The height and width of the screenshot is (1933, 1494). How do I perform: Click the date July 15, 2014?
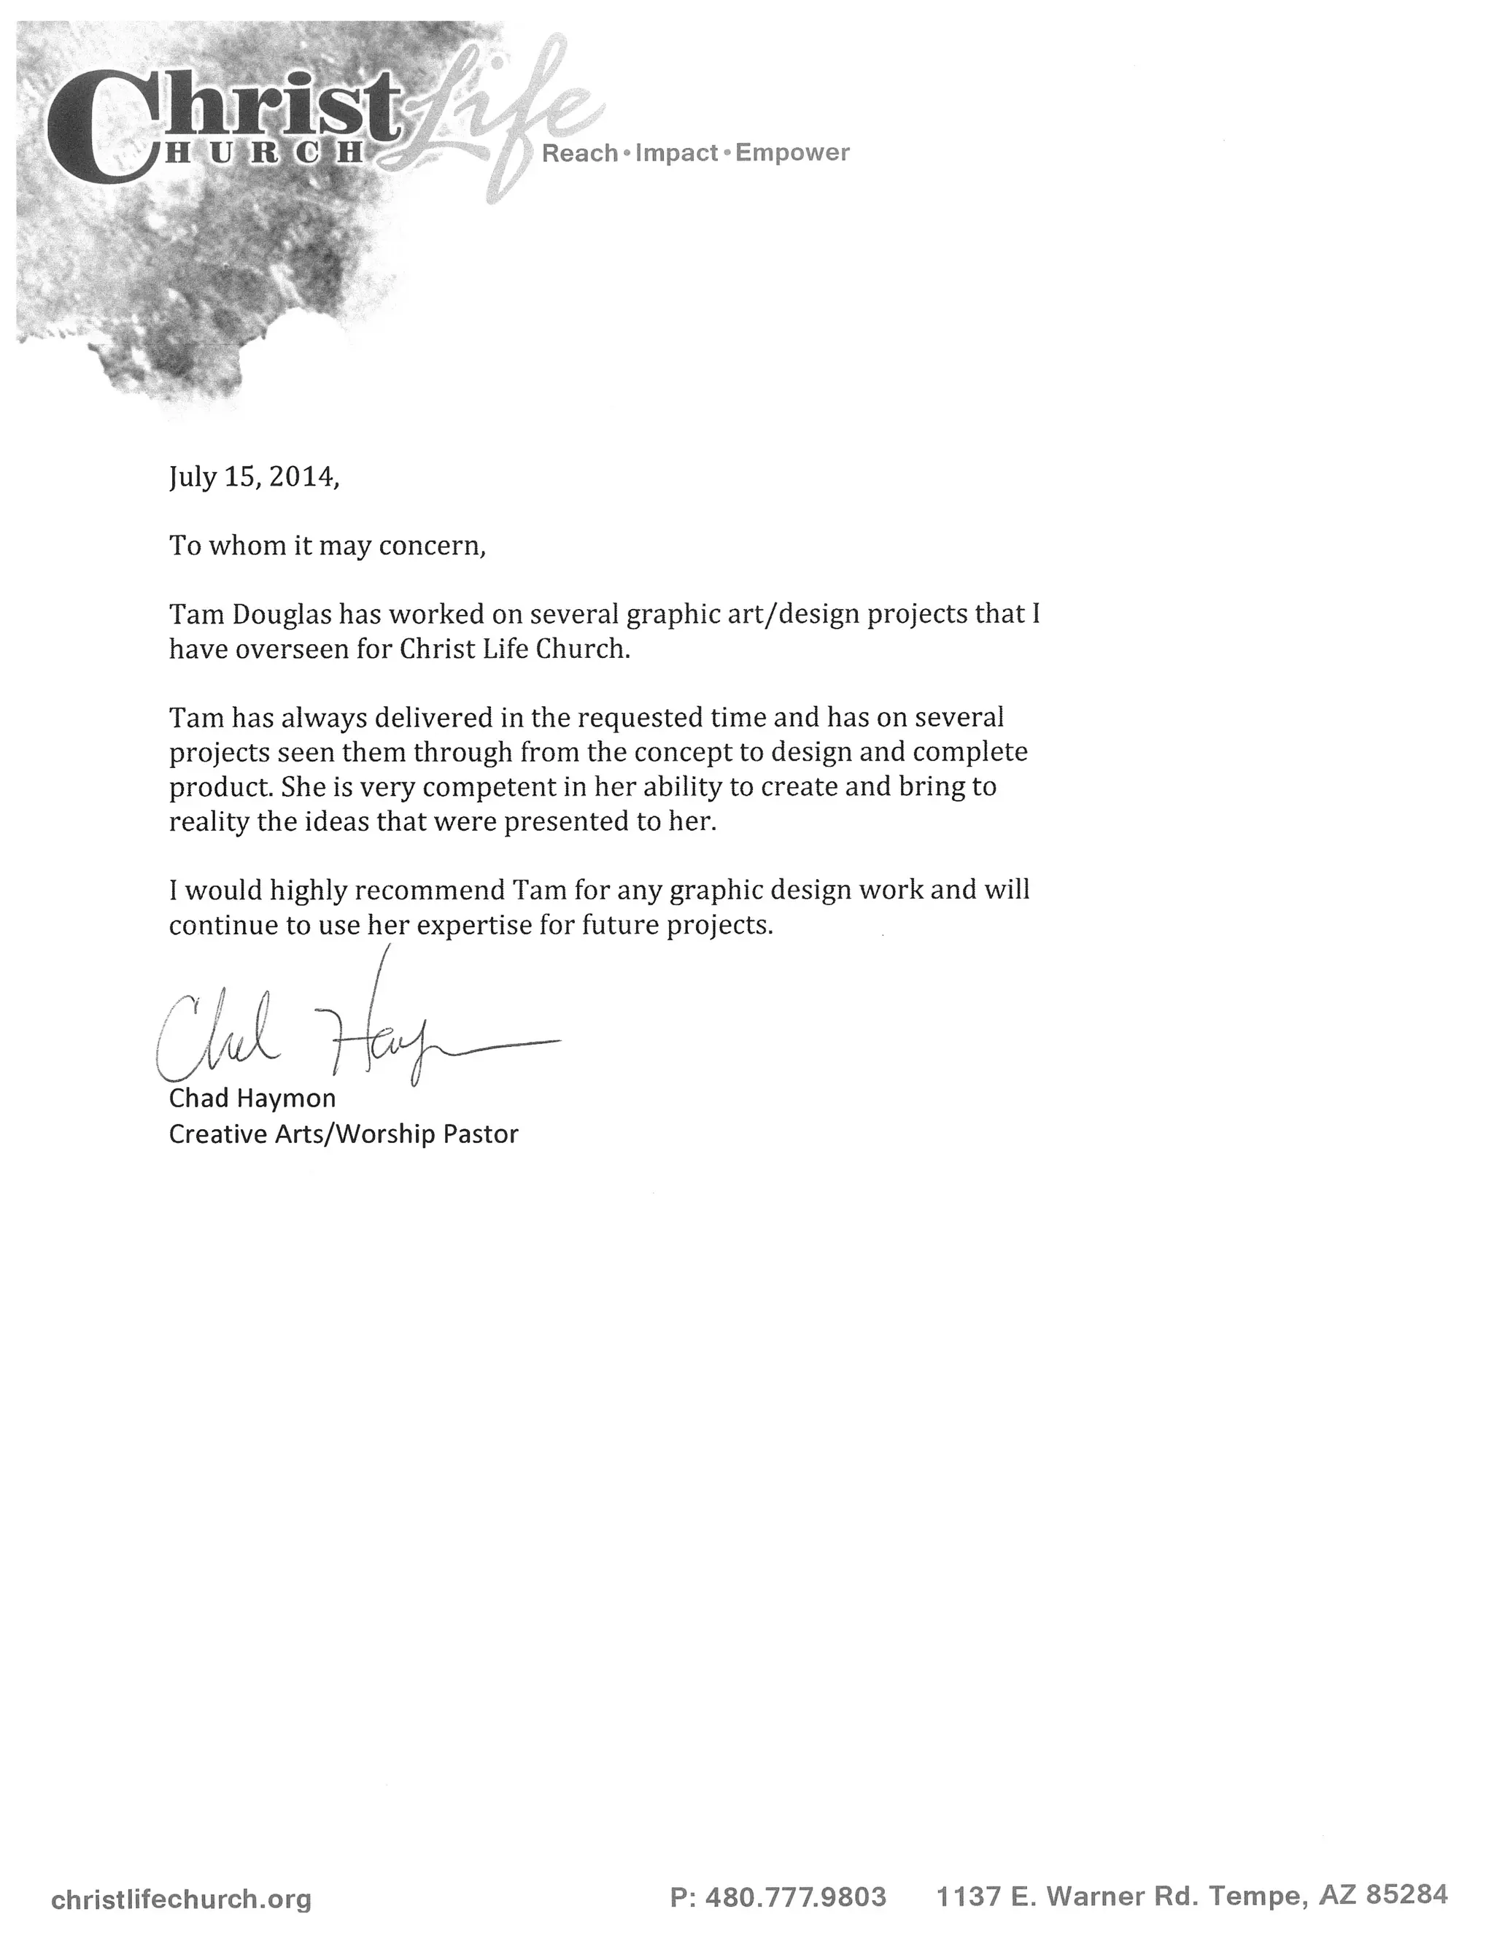(253, 478)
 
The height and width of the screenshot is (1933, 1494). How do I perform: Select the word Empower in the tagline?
(792, 153)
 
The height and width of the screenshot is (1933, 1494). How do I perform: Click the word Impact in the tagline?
(676, 154)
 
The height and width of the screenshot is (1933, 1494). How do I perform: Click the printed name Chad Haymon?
(252, 1099)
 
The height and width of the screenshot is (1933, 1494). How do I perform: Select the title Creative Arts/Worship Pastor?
(344, 1134)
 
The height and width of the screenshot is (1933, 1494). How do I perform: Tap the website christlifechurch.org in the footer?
(182, 1897)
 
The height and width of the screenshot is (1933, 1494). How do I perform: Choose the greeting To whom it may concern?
(328, 546)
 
